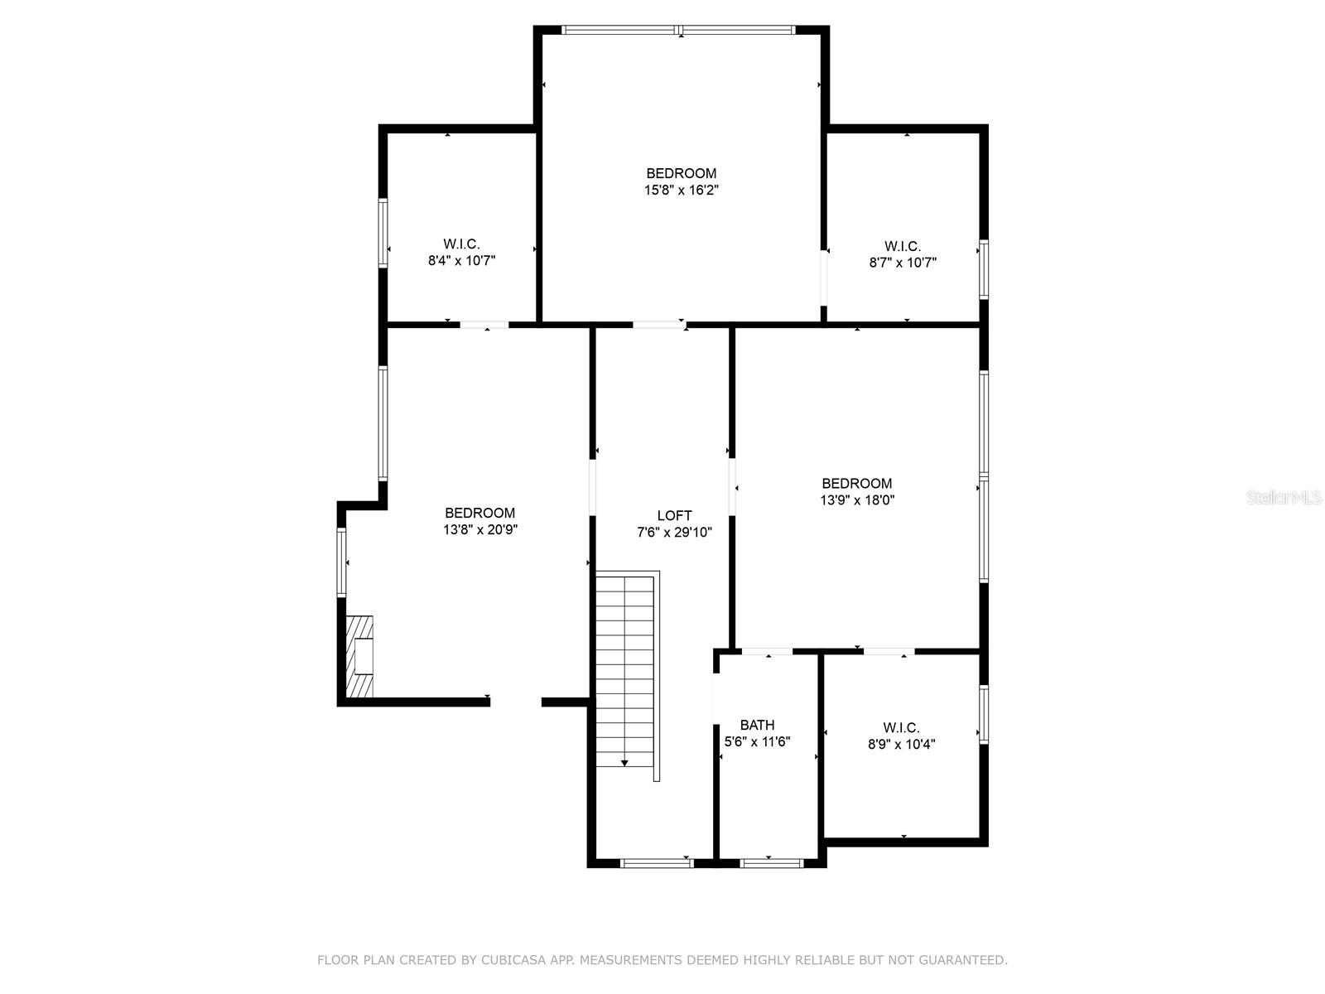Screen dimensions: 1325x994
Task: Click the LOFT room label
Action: [x=673, y=515]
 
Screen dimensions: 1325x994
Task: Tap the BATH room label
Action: [x=757, y=725]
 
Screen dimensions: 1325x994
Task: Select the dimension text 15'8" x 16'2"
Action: [x=681, y=191]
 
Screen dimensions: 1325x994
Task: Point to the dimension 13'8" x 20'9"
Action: [x=479, y=530]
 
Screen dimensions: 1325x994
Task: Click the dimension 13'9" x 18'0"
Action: [x=856, y=499]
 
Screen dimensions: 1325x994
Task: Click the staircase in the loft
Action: [x=627, y=676]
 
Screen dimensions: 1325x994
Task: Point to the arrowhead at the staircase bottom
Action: [x=624, y=764]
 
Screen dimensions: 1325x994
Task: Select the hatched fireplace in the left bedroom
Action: [x=359, y=656]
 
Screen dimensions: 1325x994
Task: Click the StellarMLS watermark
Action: [x=1283, y=497]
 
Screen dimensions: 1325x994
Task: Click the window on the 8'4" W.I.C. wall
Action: [x=383, y=233]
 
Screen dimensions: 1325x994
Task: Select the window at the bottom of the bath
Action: [x=772, y=863]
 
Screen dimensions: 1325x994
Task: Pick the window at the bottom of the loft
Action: [x=657, y=863]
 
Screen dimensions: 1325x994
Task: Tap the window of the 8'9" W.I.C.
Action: [x=983, y=713]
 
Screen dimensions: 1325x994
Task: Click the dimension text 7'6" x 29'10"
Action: [x=674, y=533]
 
